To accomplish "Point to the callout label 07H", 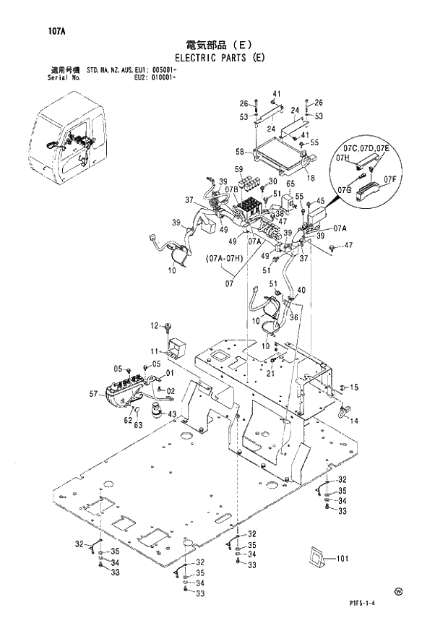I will coord(343,158).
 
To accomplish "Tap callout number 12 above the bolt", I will coord(153,327).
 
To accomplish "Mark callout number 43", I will coord(171,414).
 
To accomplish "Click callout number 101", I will coord(342,558).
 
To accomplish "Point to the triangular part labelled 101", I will coord(315,559).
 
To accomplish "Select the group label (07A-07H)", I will coord(224,257).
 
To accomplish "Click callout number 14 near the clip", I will coord(354,421).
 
